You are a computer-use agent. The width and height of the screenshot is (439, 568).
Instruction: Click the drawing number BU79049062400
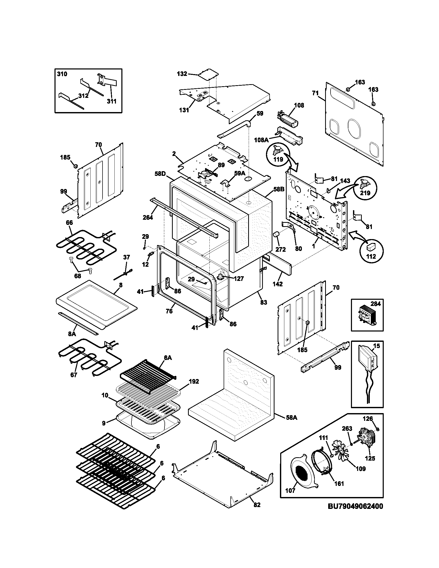355,506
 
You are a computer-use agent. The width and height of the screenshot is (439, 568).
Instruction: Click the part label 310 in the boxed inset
62,74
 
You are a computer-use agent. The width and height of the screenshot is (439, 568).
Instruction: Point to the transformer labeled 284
367,316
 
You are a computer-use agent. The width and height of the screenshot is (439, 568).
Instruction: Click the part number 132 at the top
182,74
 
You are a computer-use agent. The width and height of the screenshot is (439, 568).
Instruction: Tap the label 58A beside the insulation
291,418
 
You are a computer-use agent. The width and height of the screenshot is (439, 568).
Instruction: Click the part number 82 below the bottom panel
257,505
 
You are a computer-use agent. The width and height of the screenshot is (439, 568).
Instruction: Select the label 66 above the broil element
69,223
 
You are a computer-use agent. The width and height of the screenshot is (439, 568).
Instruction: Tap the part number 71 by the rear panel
315,93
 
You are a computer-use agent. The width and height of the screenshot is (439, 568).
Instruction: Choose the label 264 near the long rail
147,217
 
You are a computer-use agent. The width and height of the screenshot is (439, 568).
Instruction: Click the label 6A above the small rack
168,358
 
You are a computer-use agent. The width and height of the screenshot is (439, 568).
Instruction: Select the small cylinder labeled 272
277,235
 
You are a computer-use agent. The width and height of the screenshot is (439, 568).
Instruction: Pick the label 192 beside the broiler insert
193,382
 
